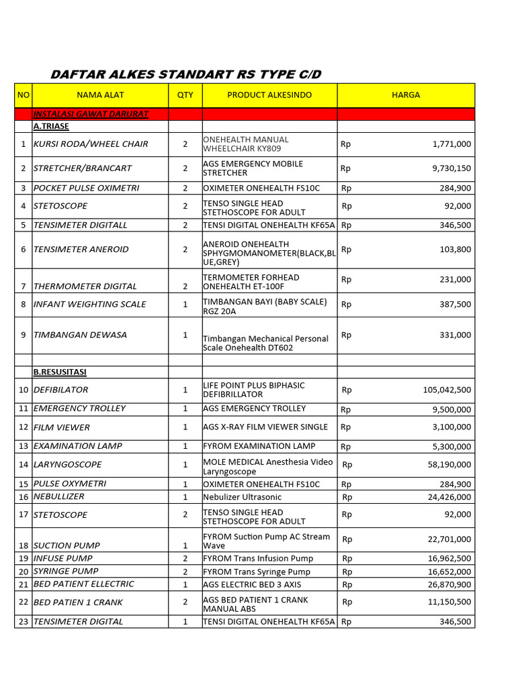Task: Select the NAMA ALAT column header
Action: click(100, 95)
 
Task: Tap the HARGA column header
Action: click(406, 95)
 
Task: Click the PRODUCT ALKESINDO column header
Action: click(269, 95)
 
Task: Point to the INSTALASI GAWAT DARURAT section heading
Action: click(91, 114)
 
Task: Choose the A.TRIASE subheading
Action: click(51, 126)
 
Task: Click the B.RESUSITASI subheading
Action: click(60, 372)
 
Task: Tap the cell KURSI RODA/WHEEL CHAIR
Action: click(91, 144)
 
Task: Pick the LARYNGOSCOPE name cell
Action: click(68, 464)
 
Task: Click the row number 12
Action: click(24, 427)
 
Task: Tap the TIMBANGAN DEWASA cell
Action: click(80, 335)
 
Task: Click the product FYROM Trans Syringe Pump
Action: click(257, 572)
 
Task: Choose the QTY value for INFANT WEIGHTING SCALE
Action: click(185, 305)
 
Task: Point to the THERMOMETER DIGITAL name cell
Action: click(85, 286)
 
